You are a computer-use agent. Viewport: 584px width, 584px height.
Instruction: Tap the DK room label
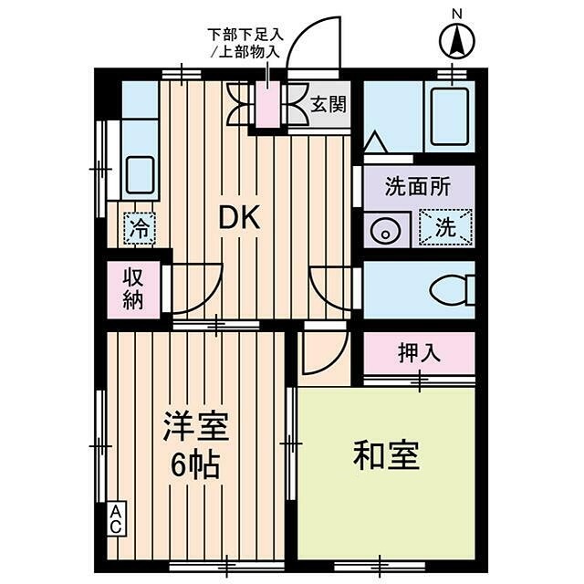click(239, 217)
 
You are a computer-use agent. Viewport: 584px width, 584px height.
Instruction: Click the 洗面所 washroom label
click(417, 187)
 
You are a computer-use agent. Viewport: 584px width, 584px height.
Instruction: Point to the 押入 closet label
click(419, 353)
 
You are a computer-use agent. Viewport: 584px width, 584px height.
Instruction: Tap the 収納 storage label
click(133, 289)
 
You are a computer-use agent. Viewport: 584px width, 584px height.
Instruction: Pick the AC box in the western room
click(117, 519)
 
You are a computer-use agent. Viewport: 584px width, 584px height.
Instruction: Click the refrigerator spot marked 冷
click(139, 227)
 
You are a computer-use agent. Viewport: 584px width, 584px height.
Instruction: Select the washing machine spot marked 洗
click(444, 228)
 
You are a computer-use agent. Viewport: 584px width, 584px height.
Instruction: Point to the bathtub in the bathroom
click(449, 117)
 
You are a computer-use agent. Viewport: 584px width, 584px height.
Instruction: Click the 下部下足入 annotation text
click(245, 35)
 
